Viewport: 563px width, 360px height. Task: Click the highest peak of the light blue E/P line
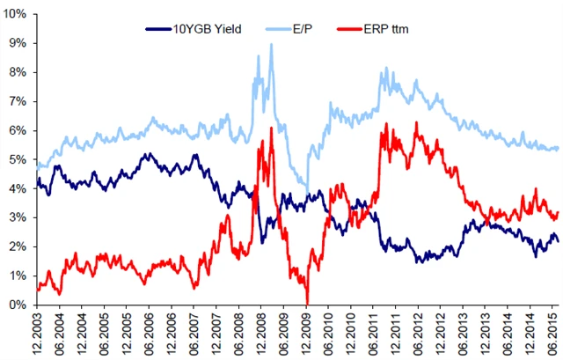[271, 44]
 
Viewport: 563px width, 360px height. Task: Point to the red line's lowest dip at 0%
[307, 304]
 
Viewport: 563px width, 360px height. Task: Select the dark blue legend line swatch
[160, 29]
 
